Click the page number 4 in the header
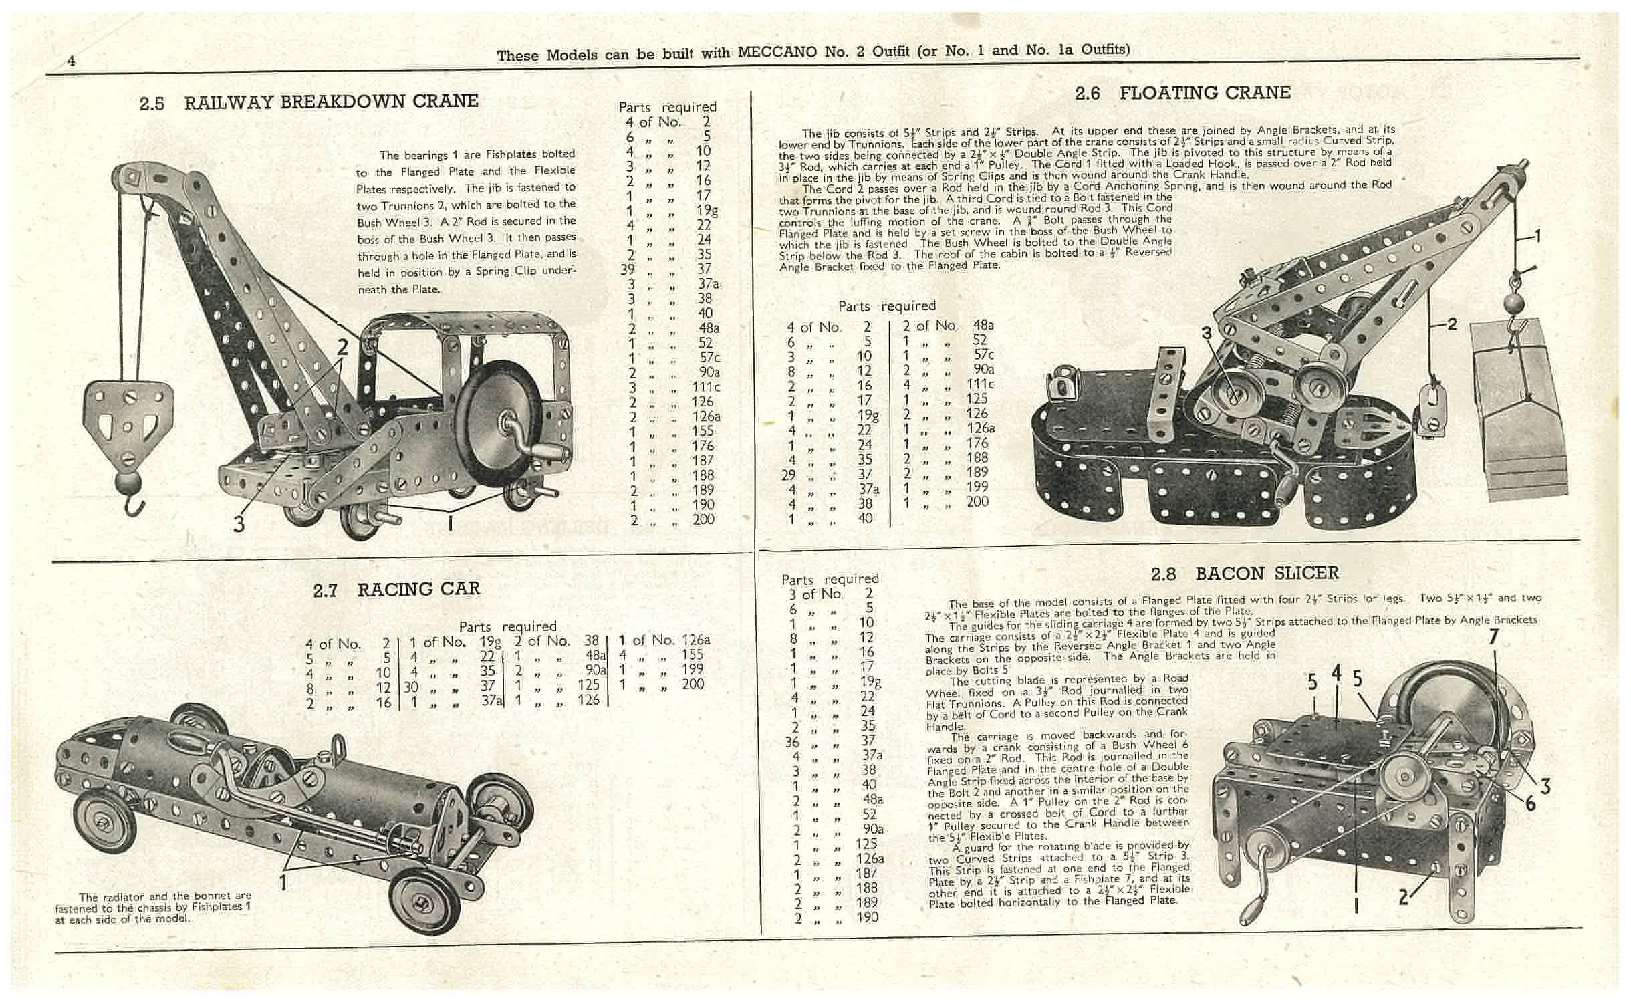click(x=71, y=61)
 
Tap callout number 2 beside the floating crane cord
click(x=1451, y=324)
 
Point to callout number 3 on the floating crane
click(x=1207, y=332)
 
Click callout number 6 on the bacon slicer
click(x=1529, y=803)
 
